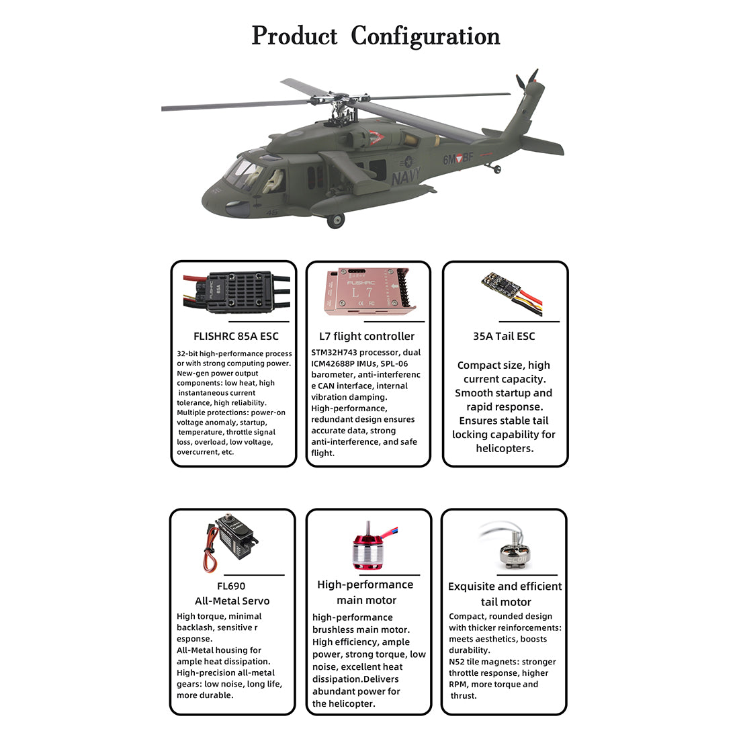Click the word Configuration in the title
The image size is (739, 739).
coord(425,36)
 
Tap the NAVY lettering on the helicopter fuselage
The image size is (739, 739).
coord(406,177)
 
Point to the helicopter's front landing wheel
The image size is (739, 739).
coord(335,220)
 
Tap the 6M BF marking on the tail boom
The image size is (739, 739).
coord(458,159)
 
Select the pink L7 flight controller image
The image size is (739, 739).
coord(368,292)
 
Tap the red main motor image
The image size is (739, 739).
coord(368,547)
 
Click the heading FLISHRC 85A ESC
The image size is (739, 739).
coord(235,337)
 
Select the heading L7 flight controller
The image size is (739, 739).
coord(367,337)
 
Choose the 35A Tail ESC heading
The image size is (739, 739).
coord(504,337)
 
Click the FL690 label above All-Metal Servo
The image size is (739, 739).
coord(231,586)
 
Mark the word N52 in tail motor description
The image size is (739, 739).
coord(458,662)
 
